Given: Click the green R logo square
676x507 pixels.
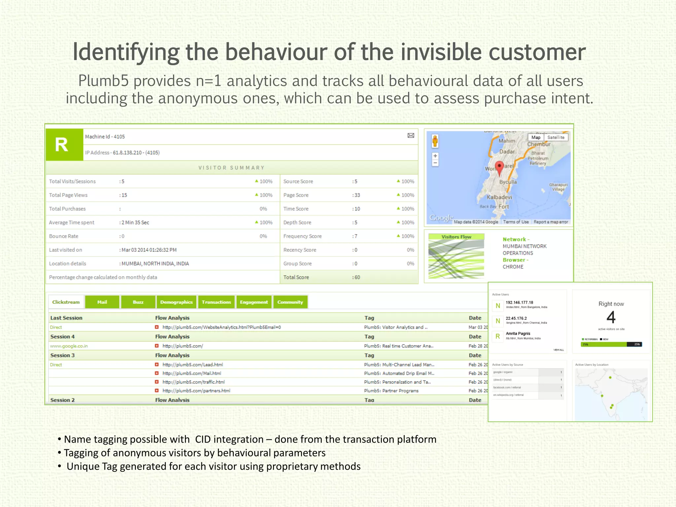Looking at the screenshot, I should pos(64,145).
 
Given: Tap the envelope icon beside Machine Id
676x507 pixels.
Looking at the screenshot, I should pos(411,136).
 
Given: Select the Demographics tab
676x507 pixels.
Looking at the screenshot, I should pos(176,302).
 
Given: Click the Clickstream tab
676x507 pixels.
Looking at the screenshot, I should pos(66,302).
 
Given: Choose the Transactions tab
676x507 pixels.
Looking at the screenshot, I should pos(216,302).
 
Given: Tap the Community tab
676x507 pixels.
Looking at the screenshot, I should pos(290,302).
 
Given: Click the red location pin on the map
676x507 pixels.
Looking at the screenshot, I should pos(499,167).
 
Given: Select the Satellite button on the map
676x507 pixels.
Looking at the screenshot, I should pos(556,137).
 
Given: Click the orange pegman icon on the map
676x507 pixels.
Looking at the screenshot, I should pos(435,141).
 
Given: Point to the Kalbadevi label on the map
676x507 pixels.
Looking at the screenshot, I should pos(499,197).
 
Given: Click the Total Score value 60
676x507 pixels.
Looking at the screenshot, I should pos(357,277).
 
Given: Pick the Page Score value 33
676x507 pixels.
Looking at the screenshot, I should pos(357,195).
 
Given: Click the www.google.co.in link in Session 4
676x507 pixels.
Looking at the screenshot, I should pos(69,346).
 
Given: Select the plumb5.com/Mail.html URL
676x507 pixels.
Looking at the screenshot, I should pos(192,373).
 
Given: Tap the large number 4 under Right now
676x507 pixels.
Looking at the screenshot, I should pos(611,317).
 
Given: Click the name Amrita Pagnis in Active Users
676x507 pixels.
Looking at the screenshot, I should pos(518,333).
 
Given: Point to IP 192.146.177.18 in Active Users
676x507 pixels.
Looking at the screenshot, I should pos(519,302).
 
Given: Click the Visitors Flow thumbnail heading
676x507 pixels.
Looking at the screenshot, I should pos(456,237).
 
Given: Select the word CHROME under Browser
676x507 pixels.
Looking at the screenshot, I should pos(513,267).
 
